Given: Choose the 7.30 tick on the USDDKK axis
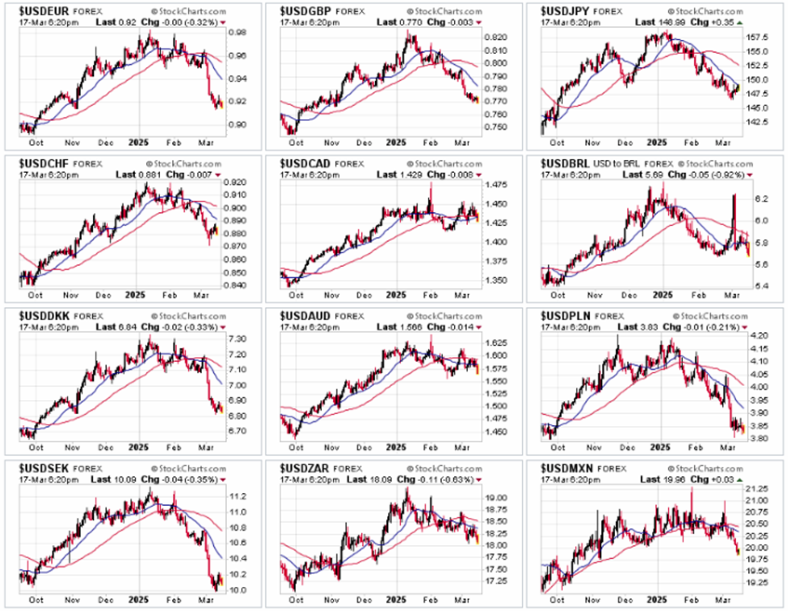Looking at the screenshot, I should (x=238, y=339).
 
